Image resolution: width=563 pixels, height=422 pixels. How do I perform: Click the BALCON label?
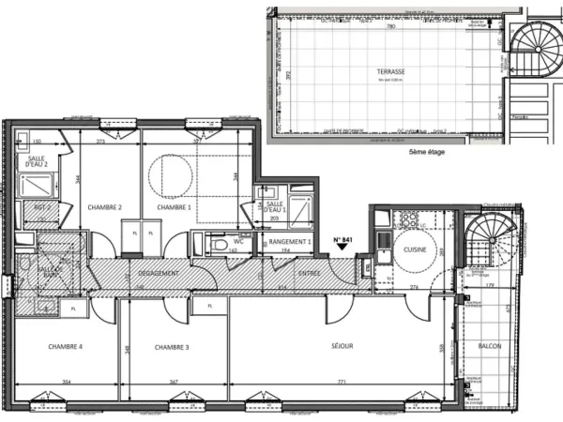point(490,346)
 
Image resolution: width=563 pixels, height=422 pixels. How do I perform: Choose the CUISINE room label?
point(416,249)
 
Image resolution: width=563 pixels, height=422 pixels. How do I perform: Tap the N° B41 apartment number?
point(343,240)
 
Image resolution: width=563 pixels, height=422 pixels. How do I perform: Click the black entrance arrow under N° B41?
point(343,250)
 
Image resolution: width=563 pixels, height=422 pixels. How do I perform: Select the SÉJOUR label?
point(341,346)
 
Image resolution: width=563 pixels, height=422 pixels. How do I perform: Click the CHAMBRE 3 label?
point(174,347)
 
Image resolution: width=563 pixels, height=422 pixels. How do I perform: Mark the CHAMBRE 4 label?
point(65,347)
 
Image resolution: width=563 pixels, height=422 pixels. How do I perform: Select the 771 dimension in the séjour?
point(342,382)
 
